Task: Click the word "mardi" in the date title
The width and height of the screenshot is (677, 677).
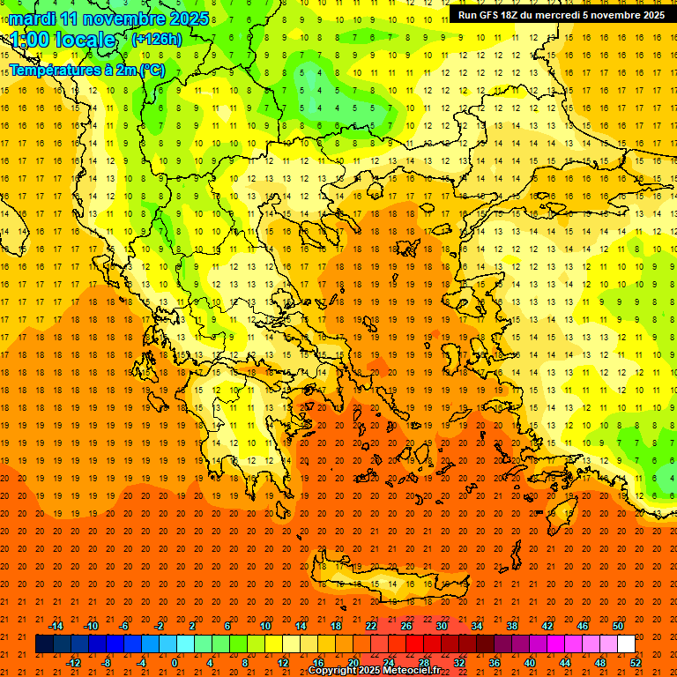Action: [x=33, y=19]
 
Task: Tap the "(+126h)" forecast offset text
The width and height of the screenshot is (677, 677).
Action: [x=156, y=40]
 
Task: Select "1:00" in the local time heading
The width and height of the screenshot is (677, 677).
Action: [x=30, y=41]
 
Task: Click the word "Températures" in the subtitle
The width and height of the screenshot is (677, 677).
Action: [x=52, y=70]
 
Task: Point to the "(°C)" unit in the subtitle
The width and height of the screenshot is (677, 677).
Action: [x=151, y=70]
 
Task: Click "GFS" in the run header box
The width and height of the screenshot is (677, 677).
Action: [x=499, y=15]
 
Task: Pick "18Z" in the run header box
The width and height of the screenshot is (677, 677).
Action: [x=524, y=15]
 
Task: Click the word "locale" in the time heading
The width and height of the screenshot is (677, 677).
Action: [x=89, y=41]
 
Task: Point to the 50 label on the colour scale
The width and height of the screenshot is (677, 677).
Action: [x=617, y=626]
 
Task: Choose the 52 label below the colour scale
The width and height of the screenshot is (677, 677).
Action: [x=636, y=663]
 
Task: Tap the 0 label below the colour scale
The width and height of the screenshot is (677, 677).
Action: [x=174, y=663]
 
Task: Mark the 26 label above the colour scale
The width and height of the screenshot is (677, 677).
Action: [x=406, y=626]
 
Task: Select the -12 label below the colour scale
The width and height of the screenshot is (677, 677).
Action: [x=73, y=663]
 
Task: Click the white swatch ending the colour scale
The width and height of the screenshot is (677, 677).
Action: [x=626, y=644]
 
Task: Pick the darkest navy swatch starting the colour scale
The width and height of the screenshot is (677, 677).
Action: [x=44, y=644]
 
